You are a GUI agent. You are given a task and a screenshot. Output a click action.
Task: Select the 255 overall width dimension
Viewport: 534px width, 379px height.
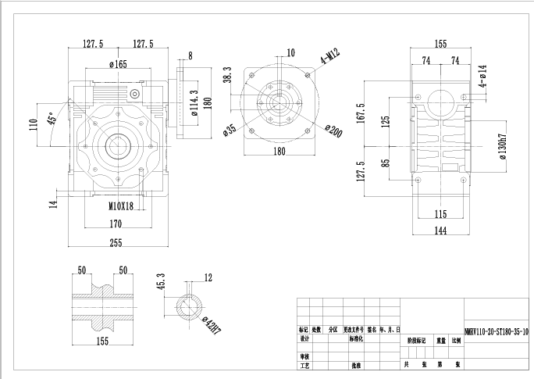pyautogui.click(x=116, y=243)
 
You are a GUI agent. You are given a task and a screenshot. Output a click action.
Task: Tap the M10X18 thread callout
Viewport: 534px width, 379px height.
pyautogui.click(x=120, y=207)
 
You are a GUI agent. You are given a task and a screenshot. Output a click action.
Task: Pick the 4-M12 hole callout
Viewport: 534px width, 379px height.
pyautogui.click(x=329, y=56)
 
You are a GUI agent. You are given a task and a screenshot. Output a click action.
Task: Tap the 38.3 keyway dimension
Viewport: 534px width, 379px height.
pyautogui.click(x=227, y=74)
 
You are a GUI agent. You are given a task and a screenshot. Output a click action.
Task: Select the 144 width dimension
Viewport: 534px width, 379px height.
pyautogui.click(x=440, y=231)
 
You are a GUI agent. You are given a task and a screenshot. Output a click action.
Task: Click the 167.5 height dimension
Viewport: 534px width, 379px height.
pyautogui.click(x=360, y=113)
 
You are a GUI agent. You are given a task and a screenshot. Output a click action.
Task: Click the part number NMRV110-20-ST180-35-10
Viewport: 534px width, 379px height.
pyautogui.click(x=497, y=331)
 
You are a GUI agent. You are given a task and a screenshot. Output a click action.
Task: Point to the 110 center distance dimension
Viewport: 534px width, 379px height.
pyautogui.click(x=34, y=124)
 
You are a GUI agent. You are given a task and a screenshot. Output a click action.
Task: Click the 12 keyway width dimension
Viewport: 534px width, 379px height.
pyautogui.click(x=208, y=277)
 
